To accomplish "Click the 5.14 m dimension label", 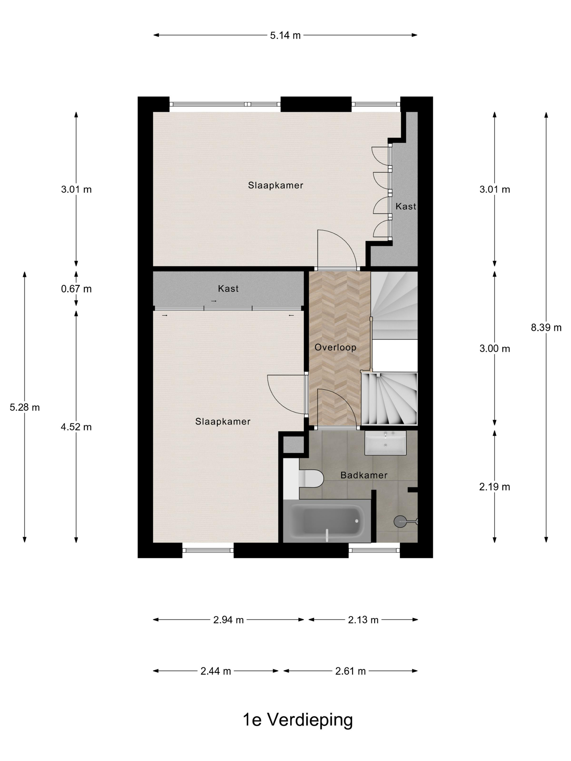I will click(285, 35).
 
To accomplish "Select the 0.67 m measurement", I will click(76, 289).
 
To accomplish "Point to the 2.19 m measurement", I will click(494, 487).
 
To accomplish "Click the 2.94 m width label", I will click(228, 620).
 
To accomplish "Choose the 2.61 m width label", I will click(350, 671).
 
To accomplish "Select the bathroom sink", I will click(385, 443).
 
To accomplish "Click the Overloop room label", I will click(335, 347).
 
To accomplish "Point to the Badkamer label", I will click(364, 475).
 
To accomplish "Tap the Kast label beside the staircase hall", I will click(228, 289).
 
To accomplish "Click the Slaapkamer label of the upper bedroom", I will click(275, 185).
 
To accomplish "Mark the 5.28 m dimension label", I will click(24, 407).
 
